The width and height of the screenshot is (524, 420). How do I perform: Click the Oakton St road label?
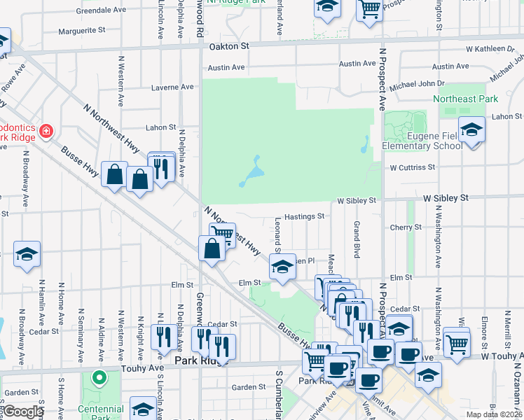tap(229, 46)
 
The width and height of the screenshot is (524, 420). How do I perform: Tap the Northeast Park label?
tap(465, 99)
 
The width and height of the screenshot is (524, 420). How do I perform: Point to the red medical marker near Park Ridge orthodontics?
tap(46, 130)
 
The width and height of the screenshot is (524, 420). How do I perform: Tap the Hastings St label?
tap(304, 217)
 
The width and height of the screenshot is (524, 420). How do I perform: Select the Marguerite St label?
tap(81, 31)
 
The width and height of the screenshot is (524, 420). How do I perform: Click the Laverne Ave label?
tap(172, 87)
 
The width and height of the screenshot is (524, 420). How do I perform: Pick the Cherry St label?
tap(406, 227)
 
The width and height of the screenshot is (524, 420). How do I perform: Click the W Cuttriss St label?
tap(413, 167)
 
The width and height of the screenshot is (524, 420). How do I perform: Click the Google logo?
tap(23, 412)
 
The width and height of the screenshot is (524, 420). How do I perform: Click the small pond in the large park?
tap(251, 174)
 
